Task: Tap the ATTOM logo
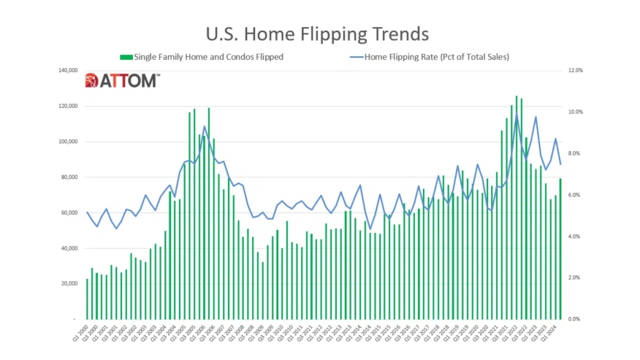tap(122, 81)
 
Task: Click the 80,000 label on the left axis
tap(67, 177)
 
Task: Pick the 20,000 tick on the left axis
tap(67, 284)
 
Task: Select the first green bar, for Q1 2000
tap(87, 299)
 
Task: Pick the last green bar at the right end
tap(560, 249)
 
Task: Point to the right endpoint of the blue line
tap(560, 164)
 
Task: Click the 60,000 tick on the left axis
tap(67, 213)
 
